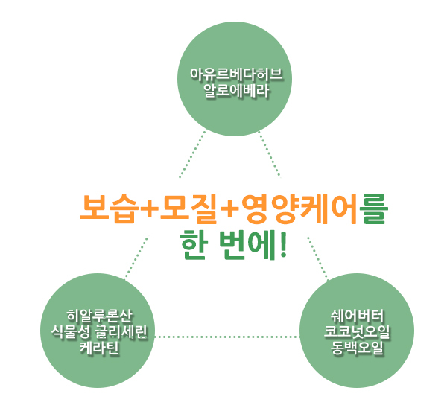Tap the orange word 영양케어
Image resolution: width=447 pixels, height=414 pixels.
(298, 209)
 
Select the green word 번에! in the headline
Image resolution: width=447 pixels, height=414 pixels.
(255, 246)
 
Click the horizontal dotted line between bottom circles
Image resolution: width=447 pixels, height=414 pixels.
(228, 337)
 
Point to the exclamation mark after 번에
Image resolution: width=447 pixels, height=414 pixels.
(284, 246)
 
